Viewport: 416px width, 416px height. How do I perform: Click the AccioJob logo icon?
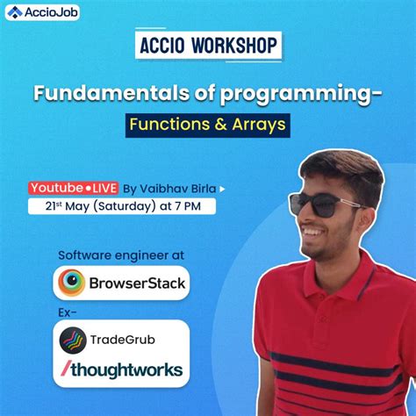(x=13, y=11)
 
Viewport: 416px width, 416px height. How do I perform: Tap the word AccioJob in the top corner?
(x=45, y=11)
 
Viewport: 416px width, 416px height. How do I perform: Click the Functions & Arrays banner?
(x=207, y=125)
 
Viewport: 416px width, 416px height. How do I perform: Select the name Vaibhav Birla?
(x=178, y=188)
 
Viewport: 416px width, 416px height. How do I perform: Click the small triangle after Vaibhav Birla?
(x=221, y=188)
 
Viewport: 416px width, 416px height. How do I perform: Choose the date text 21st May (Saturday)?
(x=98, y=207)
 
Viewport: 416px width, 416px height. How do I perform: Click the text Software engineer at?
(x=121, y=255)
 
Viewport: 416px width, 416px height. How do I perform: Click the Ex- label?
(x=67, y=312)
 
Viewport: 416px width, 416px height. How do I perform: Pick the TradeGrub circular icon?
(x=72, y=340)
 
